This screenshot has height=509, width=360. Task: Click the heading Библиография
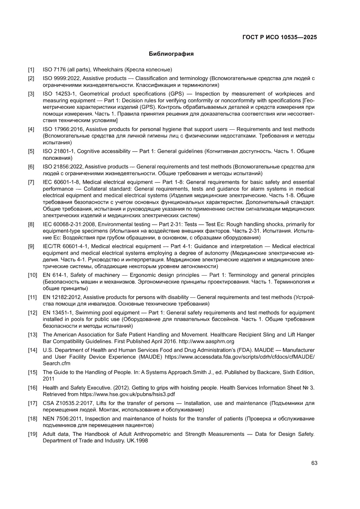171,54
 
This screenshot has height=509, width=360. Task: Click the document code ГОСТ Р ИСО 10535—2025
279,37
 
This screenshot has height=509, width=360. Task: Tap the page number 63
314,463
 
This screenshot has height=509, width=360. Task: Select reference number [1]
31,70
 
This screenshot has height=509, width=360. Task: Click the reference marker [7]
31,182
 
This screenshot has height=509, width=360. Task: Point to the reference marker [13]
33,335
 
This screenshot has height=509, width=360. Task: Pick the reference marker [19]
33,434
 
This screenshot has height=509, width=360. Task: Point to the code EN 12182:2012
61,297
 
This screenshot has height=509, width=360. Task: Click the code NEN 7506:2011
61,418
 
